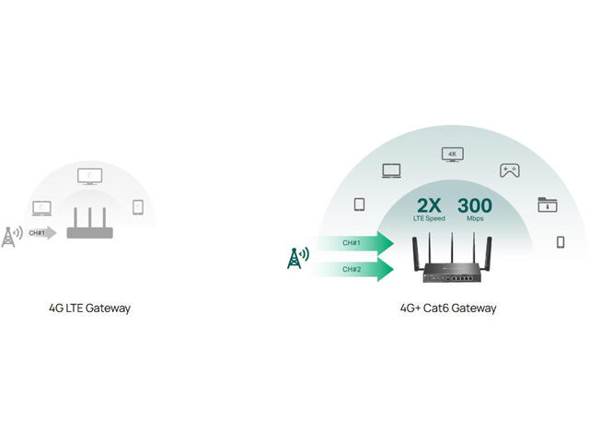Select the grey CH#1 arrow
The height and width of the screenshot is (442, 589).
pyautogui.click(x=41, y=233)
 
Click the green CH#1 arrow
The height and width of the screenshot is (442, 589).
pyautogui.click(x=354, y=243)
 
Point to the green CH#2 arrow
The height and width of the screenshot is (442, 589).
pyautogui.click(x=354, y=269)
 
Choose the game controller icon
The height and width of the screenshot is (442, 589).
pyautogui.click(x=510, y=170)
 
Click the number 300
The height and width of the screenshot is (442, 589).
pyautogui.click(x=475, y=207)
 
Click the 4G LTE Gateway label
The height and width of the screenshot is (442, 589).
pyautogui.click(x=89, y=308)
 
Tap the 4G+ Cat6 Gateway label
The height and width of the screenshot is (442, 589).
pyautogui.click(x=448, y=308)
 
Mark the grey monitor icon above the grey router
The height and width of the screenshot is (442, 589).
pyautogui.click(x=89, y=175)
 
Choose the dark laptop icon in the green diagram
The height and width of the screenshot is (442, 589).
pyautogui.click(x=391, y=170)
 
